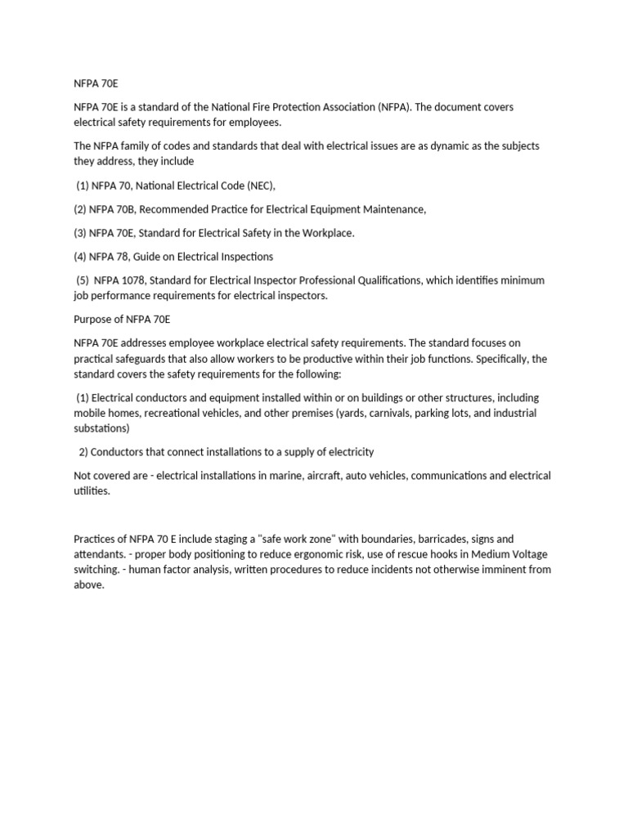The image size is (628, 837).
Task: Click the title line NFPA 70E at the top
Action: pos(96,83)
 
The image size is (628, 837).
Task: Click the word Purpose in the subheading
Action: pos(93,319)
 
